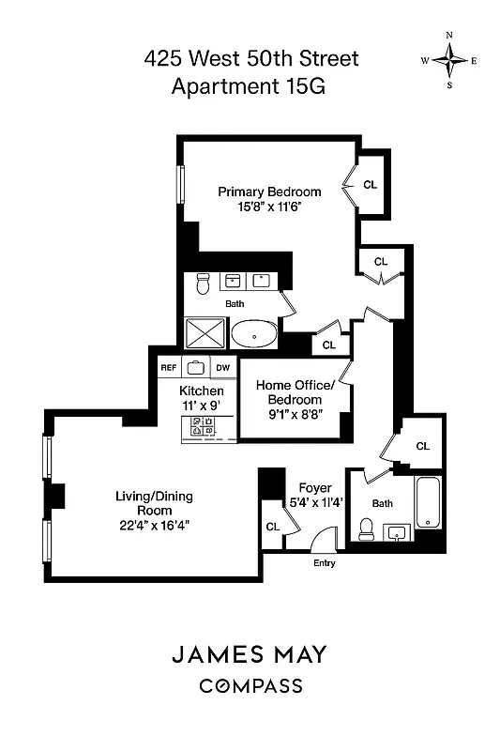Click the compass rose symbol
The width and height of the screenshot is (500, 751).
(449, 60)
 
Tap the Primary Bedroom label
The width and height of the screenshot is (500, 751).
(269, 192)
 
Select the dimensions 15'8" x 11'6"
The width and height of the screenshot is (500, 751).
(269, 207)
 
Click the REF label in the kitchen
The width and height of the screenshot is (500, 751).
(169, 368)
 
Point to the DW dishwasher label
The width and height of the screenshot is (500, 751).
(223, 368)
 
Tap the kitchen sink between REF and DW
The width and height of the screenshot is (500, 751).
(196, 368)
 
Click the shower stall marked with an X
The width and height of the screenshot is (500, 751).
(206, 332)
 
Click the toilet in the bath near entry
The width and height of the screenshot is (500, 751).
(366, 532)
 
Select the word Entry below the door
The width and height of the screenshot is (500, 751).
(324, 563)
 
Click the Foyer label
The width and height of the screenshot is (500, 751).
(314, 488)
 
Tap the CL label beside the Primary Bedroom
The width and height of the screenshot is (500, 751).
(370, 185)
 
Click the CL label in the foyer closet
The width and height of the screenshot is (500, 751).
(272, 528)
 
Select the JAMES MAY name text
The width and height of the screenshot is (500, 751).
(250, 654)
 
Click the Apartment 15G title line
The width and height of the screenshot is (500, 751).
(250, 88)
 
